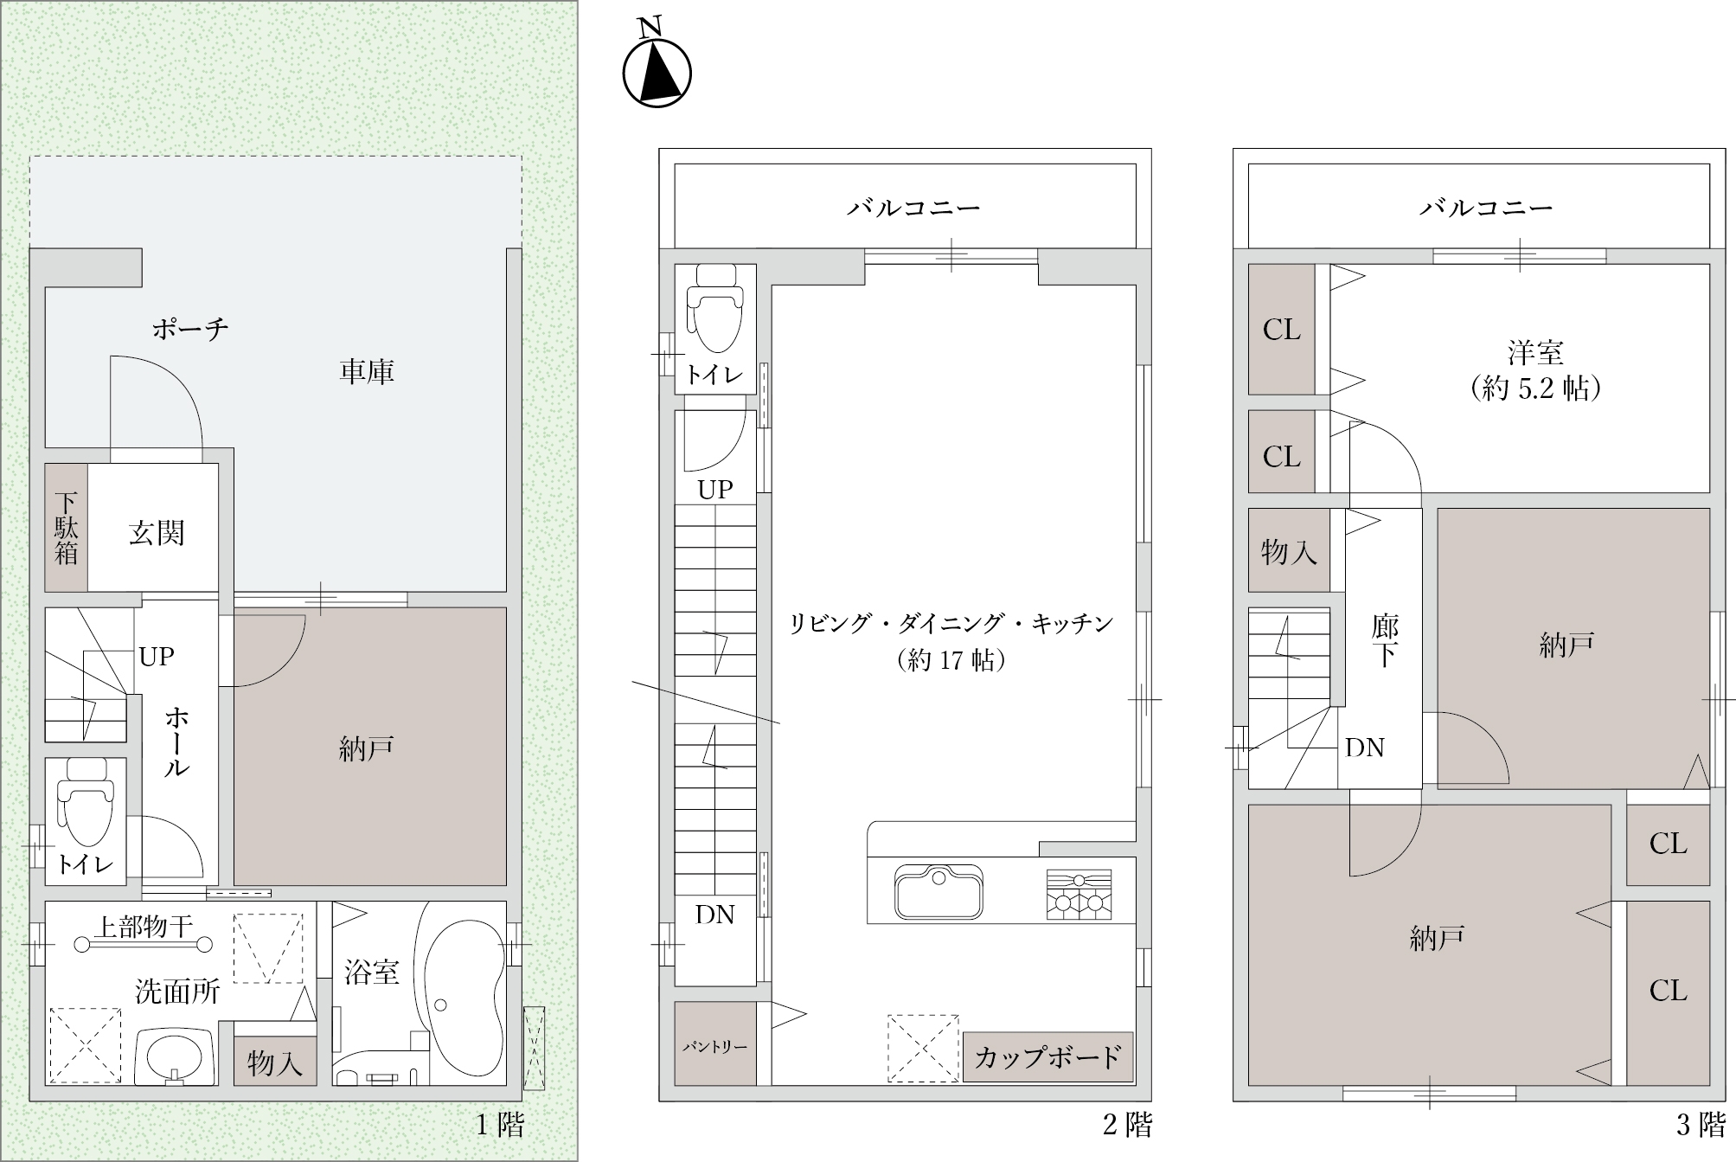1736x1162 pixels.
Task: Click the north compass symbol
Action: coord(657,72)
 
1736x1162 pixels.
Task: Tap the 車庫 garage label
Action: coord(367,372)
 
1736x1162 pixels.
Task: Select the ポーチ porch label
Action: coord(190,329)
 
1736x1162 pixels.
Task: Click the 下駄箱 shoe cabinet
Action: coord(66,528)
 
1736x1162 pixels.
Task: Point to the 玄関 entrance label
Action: coord(157,533)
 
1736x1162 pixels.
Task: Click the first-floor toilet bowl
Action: coord(85,803)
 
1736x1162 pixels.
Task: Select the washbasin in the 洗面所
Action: coord(174,1055)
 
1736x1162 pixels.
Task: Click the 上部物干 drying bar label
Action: coord(144,927)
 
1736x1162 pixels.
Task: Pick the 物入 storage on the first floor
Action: coord(274,1062)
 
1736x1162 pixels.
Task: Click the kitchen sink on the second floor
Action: coord(938,890)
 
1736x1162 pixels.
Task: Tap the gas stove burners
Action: coord(1079,895)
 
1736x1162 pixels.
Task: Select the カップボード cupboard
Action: coord(1047,1056)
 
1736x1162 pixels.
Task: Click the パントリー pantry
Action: coord(714,1043)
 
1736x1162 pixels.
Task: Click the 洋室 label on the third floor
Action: coord(1535,354)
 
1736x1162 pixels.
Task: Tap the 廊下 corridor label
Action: coord(1385,641)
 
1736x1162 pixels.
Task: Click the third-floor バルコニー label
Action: coord(1486,208)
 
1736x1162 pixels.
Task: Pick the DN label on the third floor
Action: coord(1365,748)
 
